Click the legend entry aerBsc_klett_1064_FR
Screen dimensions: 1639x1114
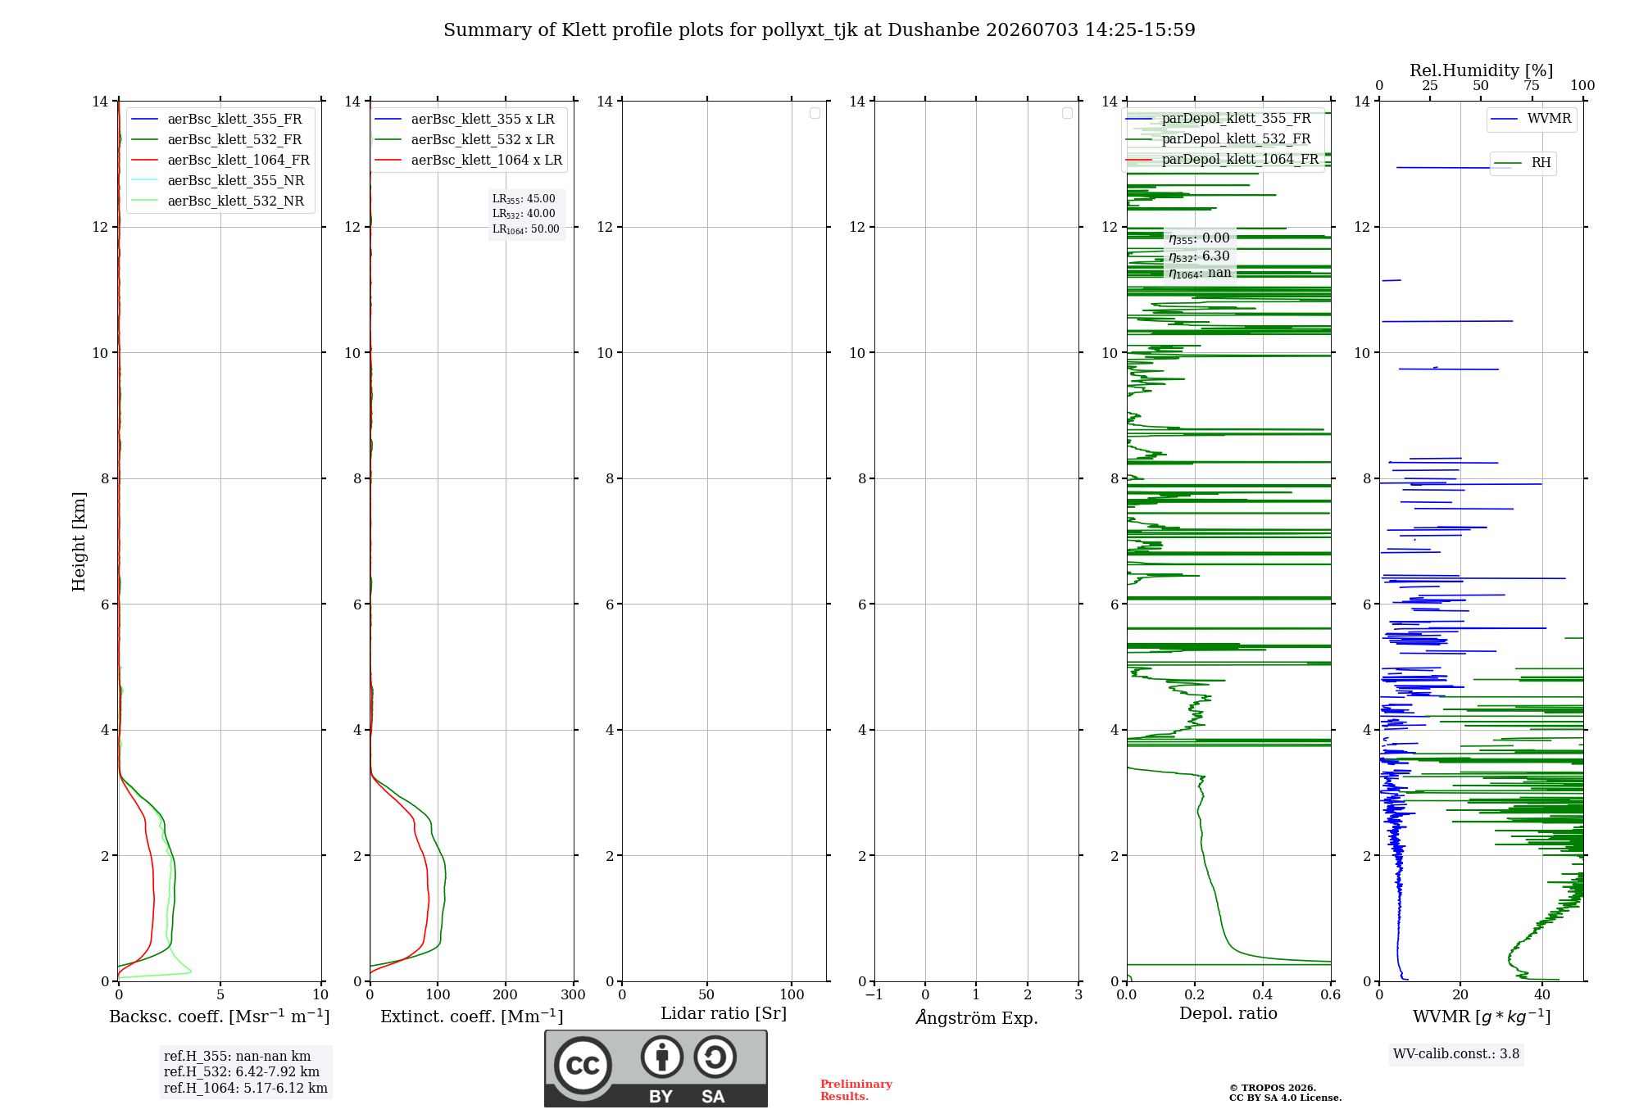point(220,161)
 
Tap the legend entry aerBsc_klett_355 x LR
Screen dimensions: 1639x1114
point(465,120)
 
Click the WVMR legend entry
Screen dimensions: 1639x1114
point(1532,119)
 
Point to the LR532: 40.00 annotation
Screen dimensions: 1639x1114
point(524,214)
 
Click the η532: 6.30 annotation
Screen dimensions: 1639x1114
point(1199,256)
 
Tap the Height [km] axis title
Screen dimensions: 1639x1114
point(79,541)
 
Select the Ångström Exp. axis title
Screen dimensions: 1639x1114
point(977,1017)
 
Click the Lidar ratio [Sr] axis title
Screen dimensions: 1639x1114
point(724,1014)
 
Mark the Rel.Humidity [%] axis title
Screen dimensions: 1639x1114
point(1481,70)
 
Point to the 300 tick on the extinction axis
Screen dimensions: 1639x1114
point(573,994)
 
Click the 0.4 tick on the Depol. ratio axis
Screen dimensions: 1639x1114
point(1263,994)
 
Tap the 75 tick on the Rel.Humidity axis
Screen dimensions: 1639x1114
point(1531,86)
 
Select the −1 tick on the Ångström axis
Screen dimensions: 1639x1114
point(874,994)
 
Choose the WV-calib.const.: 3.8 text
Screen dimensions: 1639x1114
point(1456,1054)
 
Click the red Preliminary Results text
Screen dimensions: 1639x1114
point(856,1090)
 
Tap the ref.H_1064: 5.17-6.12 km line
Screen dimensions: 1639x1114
point(246,1089)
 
